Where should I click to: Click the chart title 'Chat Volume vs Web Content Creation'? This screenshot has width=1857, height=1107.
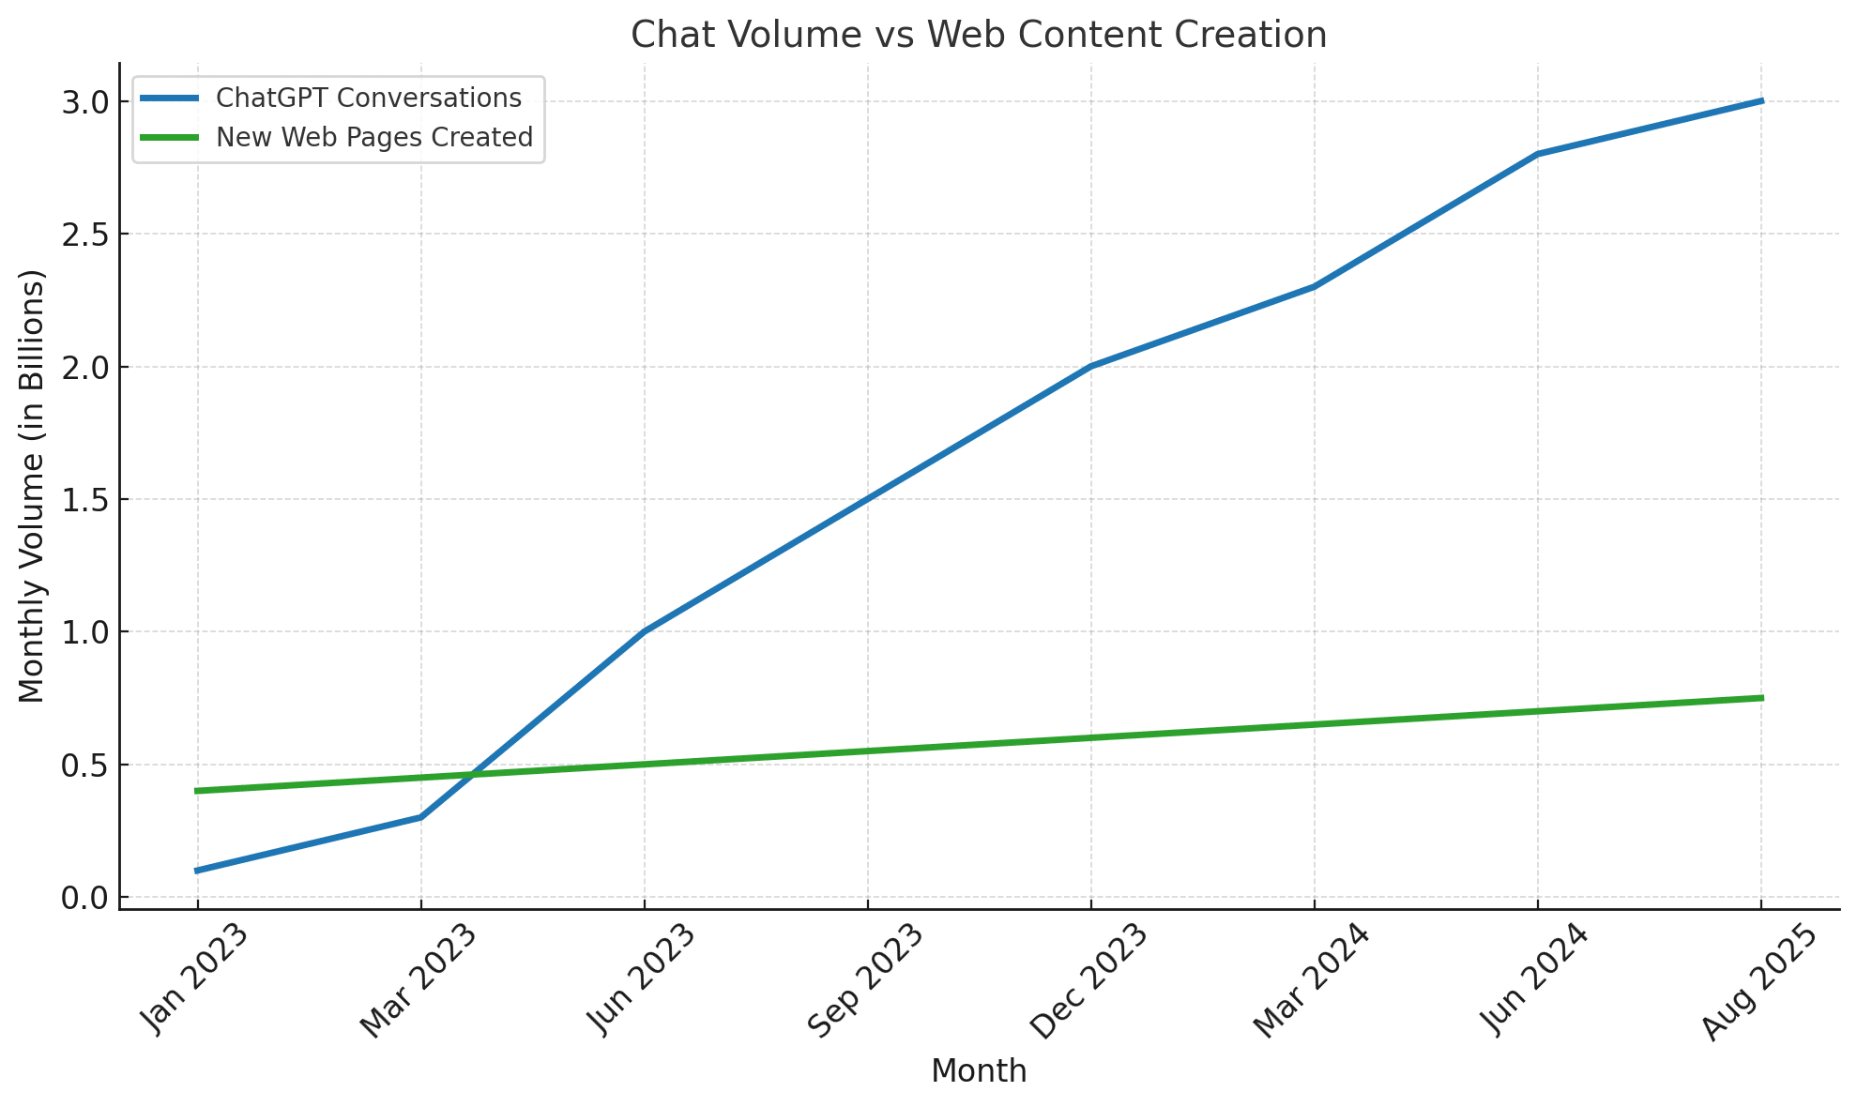[979, 36]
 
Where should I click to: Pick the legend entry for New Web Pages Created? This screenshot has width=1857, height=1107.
[373, 137]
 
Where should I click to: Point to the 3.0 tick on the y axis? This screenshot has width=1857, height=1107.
[84, 101]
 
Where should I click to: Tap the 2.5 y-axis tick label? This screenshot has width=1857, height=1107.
[84, 234]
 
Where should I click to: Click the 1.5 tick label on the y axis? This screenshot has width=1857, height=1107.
[84, 499]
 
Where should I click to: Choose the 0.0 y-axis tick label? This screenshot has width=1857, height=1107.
[84, 898]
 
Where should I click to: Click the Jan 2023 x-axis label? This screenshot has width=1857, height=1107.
[195, 979]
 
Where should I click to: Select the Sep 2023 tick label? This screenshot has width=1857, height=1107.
[865, 981]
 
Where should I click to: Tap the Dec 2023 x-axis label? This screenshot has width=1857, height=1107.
[1088, 981]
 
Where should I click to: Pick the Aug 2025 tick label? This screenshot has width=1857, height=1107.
[1758, 981]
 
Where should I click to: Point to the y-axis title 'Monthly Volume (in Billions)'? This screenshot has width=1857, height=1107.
[32, 486]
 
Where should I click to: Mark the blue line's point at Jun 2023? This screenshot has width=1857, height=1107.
[644, 631]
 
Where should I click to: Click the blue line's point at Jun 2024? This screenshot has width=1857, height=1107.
[1537, 154]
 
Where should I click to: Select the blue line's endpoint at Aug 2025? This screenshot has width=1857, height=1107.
[1760, 100]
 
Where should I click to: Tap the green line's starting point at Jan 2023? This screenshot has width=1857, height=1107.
[197, 791]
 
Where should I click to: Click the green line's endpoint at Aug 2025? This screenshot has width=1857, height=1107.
[1760, 698]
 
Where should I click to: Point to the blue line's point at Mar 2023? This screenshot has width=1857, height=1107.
[420, 817]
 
